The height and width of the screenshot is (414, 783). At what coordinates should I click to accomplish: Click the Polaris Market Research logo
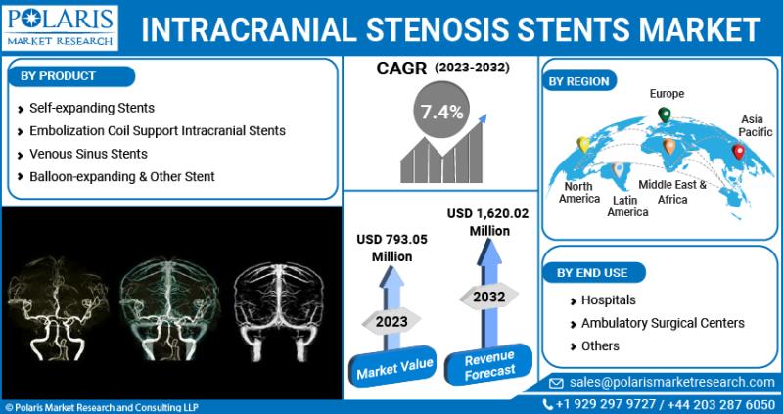[x=60, y=27]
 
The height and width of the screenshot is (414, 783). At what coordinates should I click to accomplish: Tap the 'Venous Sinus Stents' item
[x=88, y=154]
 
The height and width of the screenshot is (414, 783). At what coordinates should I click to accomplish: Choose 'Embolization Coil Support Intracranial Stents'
[x=158, y=130]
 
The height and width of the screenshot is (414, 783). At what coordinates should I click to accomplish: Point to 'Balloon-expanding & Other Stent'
[x=121, y=177]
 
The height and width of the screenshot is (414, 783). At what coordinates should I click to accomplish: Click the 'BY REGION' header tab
[x=579, y=81]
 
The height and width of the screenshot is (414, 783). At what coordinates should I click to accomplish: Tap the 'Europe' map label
[x=668, y=93]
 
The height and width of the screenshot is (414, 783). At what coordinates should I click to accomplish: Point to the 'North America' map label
[x=578, y=192]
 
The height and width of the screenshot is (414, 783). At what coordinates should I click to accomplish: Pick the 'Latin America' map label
[x=628, y=207]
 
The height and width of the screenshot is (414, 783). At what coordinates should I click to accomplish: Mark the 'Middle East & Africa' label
[x=672, y=191]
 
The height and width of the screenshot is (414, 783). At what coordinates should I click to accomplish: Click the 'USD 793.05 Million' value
[x=391, y=248]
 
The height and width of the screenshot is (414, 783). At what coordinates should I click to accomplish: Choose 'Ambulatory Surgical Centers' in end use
[x=663, y=323]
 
